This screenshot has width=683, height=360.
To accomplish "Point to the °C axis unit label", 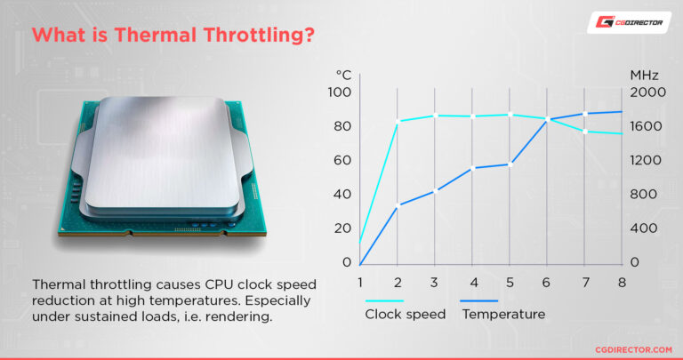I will coord(344,75).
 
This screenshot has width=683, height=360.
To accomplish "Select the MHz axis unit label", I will coord(644,75).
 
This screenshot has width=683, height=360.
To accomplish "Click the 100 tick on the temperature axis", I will coord(341,92).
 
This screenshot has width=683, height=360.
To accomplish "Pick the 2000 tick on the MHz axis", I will coord(647,92).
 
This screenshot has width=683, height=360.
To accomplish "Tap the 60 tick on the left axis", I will coord(342,161).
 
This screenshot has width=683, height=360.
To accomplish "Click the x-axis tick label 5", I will coord(510,283).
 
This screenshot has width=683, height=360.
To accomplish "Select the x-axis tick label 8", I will coord(622,283).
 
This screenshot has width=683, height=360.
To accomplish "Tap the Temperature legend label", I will coord(504,314).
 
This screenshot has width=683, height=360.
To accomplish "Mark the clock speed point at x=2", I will coord(398,121).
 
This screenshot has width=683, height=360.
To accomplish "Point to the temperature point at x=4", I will coord(472,168).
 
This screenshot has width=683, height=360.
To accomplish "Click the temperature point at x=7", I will coord(584,114).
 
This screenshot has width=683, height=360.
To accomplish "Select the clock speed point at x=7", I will coord(584,132).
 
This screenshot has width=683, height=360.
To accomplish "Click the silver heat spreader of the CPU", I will coord(169,147).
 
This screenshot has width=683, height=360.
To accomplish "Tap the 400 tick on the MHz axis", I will coord(647,228).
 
